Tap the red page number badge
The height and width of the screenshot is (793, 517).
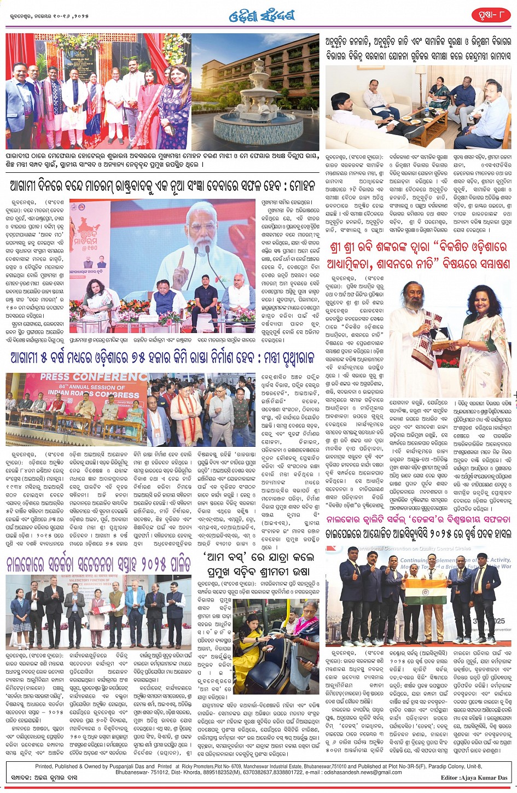(x=491, y=15)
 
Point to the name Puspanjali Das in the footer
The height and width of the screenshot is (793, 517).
(x=133, y=767)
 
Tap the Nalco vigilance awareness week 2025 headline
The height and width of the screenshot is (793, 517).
(x=98, y=564)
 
